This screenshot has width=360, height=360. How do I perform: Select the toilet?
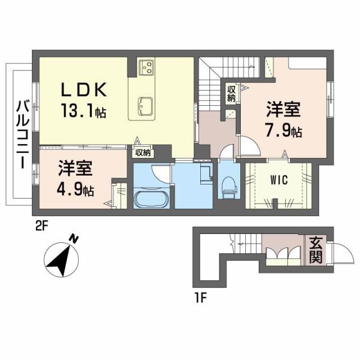(x=228, y=187)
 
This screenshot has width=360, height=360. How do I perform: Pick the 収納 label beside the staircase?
(x=231, y=93)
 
